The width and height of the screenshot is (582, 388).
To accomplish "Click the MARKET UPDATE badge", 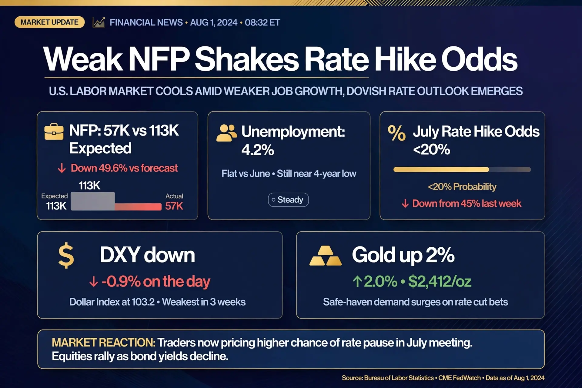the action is pyautogui.click(x=49, y=22).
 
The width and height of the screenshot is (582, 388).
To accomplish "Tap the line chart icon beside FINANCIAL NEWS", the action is pyautogui.click(x=99, y=22).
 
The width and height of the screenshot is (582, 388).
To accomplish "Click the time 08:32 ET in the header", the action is pyautogui.click(x=262, y=22).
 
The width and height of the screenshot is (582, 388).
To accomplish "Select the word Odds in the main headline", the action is pyautogui.click(x=479, y=59).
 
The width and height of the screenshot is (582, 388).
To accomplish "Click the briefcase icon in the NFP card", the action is pyautogui.click(x=54, y=132).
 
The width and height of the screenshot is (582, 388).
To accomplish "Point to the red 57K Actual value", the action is pyautogui.click(x=174, y=206).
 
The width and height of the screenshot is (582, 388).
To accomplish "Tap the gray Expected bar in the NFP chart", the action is pyautogui.click(x=93, y=201).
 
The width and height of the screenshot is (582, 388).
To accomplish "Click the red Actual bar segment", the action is pyautogui.click(x=138, y=207).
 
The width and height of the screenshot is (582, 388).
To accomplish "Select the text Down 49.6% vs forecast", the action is pyautogui.click(x=124, y=168).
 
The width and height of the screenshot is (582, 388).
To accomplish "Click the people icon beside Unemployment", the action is pyautogui.click(x=226, y=133).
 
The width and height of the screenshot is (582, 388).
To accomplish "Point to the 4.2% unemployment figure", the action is pyautogui.click(x=258, y=150).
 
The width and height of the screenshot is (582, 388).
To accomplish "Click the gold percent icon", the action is pyautogui.click(x=397, y=133).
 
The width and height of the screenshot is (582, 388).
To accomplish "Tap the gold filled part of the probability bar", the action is pyautogui.click(x=441, y=169).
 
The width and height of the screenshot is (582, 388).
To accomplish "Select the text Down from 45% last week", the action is pyautogui.click(x=467, y=203).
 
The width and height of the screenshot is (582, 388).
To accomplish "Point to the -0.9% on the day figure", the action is pyautogui.click(x=156, y=282).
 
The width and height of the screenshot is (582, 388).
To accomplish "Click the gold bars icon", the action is pyautogui.click(x=326, y=256).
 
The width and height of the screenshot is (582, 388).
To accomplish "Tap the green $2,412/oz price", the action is pyautogui.click(x=440, y=281).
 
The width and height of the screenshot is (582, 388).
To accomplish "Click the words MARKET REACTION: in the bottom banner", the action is pyautogui.click(x=103, y=343).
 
